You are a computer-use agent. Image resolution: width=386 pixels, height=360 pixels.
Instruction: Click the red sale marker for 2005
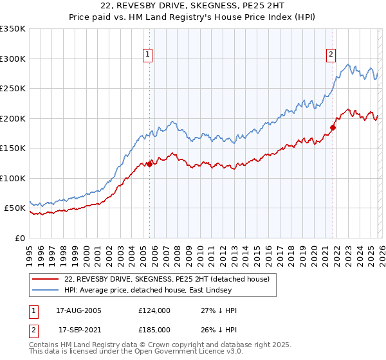tap(149, 164)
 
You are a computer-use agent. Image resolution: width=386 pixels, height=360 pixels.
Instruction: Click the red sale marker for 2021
tap(333, 127)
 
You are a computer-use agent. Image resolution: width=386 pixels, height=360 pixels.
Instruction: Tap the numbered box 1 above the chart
tap(149, 55)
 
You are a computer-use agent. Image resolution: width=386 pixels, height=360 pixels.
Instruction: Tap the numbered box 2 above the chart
tap(331, 55)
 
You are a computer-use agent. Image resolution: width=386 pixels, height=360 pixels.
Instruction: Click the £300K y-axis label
tap(13, 59)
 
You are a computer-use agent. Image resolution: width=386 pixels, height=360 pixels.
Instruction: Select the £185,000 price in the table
tap(154, 329)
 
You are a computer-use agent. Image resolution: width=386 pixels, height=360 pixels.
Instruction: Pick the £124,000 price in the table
tap(154, 310)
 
